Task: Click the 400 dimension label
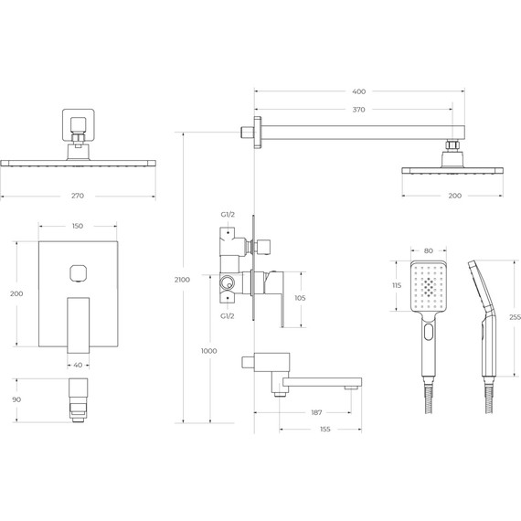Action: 358,91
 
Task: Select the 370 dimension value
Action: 358,110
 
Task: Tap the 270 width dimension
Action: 78,196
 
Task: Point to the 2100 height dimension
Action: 182,280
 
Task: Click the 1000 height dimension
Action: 209,351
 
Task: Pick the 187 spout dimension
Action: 316,412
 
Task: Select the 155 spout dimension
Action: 325,430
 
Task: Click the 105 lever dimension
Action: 300,298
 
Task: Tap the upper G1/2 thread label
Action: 228,215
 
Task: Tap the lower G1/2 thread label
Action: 228,316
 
